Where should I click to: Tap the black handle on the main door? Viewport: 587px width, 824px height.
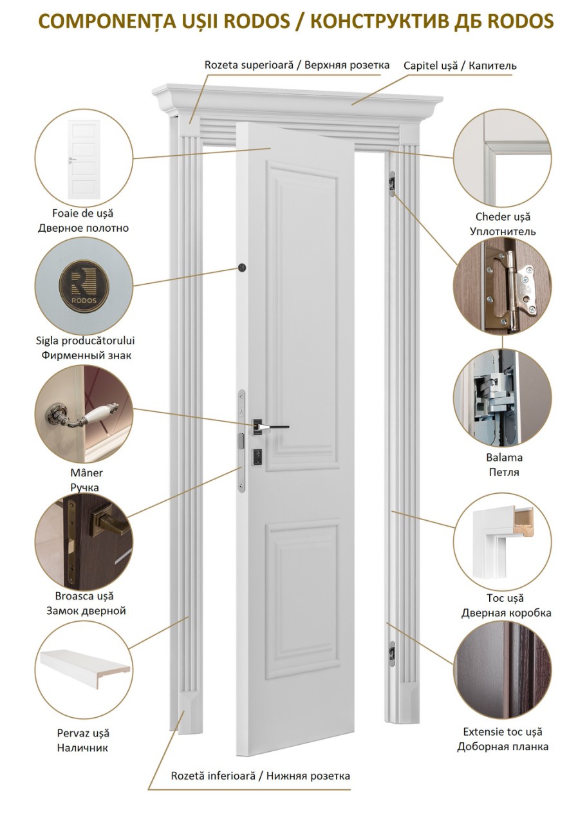tap(270, 427)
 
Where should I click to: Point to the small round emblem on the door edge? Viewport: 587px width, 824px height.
tap(242, 267)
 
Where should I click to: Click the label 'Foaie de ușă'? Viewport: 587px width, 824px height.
tap(83, 213)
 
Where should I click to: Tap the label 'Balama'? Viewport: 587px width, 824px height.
tap(504, 457)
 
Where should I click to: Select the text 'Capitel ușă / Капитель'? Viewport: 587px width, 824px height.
tap(460, 66)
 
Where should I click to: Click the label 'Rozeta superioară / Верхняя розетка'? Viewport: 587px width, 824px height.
tap(297, 65)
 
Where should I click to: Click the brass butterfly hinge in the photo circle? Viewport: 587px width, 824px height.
tap(512, 286)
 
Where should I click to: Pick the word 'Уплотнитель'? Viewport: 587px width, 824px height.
tap(503, 231)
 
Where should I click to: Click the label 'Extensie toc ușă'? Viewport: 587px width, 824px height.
tap(503, 732)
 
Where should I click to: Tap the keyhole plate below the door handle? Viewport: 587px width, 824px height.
tap(257, 457)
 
